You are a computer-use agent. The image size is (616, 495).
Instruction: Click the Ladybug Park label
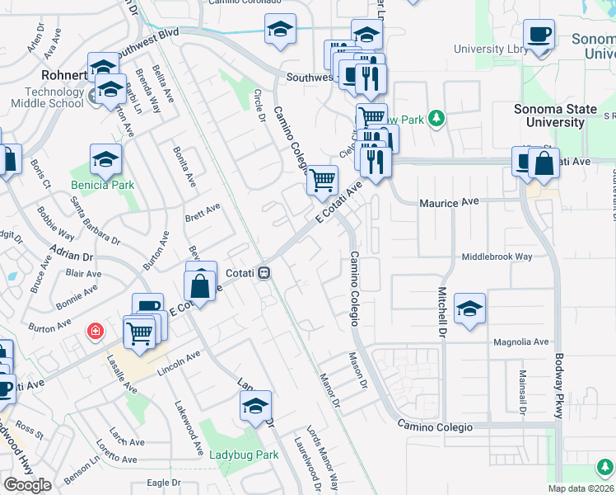(244, 455)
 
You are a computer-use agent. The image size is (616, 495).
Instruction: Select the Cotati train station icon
(264, 272)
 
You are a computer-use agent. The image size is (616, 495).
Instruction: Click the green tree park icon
(436, 119)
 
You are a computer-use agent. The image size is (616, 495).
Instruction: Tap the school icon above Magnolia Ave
(469, 309)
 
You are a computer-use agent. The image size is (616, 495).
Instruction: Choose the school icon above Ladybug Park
(255, 406)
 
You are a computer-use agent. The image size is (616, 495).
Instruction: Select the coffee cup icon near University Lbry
(539, 35)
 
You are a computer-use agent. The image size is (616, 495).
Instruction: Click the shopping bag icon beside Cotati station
(200, 287)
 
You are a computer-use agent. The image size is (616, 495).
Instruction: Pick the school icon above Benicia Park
(105, 159)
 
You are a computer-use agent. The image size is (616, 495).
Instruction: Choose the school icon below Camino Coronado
(280, 31)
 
